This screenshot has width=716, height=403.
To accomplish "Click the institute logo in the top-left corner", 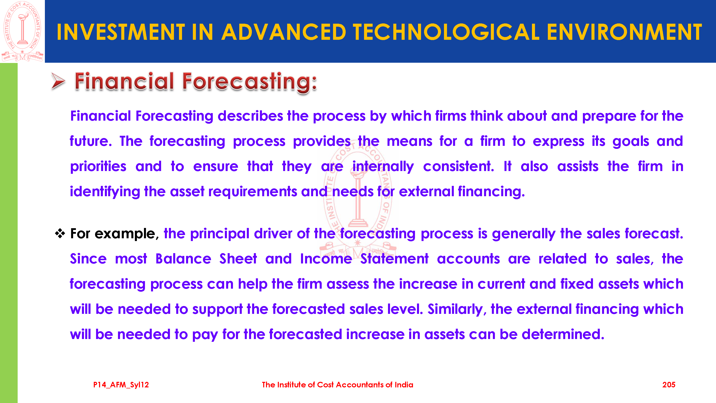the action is [22, 31].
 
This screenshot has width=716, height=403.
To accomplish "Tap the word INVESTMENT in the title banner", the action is [121, 32].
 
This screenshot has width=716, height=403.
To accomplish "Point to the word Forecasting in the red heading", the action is [250, 82].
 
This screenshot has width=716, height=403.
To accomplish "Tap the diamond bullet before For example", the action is [60, 233].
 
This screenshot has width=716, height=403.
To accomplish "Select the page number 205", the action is [669, 385].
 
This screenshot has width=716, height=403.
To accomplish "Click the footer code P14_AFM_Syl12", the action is [121, 385].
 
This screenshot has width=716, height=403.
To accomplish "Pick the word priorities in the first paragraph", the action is [98, 167].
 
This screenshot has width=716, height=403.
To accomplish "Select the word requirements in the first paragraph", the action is [253, 192].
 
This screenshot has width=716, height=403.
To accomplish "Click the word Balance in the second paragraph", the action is [184, 259].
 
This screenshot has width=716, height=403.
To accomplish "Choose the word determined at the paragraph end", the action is [563, 334].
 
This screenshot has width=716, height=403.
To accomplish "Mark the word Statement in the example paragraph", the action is [394, 259].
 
